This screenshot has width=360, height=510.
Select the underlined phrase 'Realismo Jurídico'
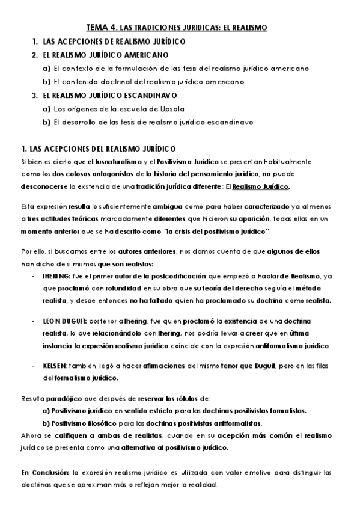click(x=260, y=186)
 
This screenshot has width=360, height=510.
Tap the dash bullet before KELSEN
click(x=32, y=366)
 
